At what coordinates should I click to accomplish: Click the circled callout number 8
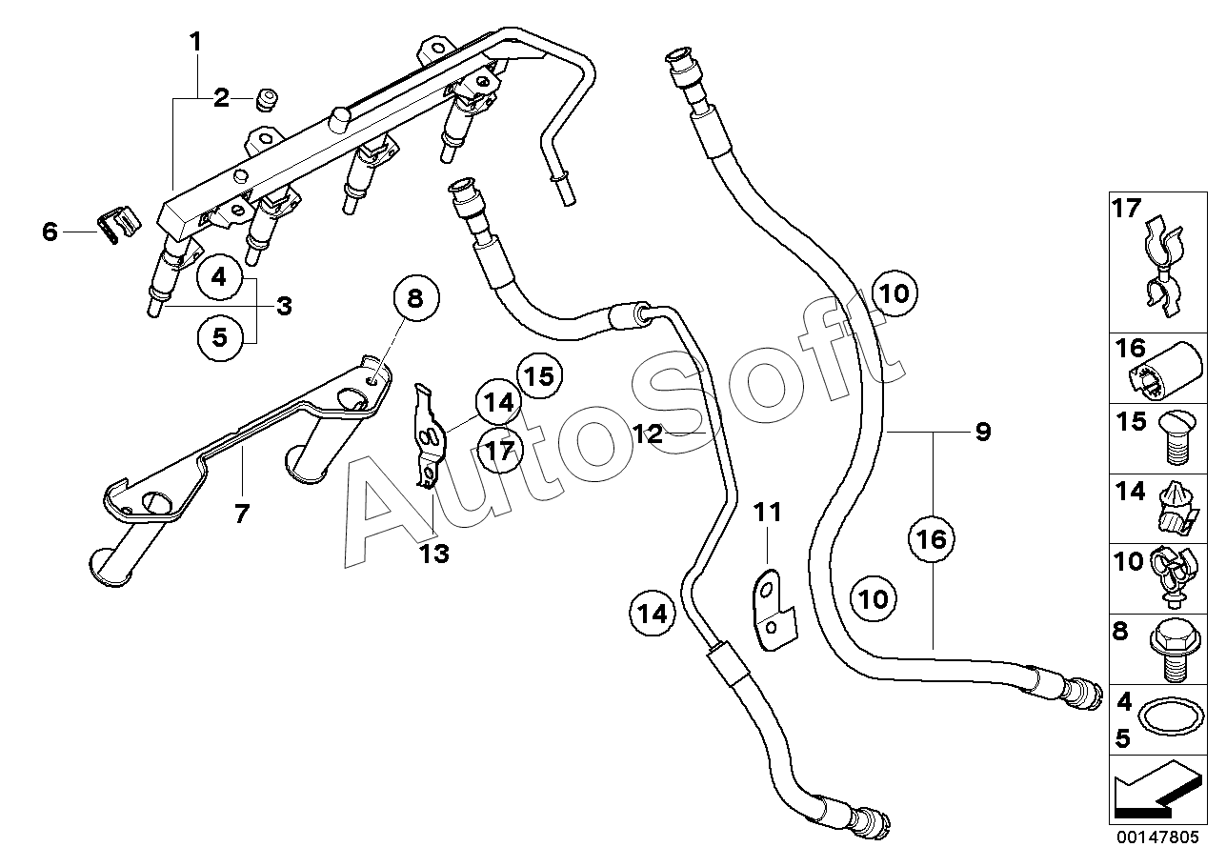pos(416,299)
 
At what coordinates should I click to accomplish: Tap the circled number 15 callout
pos(540,375)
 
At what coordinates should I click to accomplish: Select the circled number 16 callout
pos(931,539)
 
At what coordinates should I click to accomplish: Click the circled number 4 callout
pos(219,277)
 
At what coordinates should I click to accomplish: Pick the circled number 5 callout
pos(219,337)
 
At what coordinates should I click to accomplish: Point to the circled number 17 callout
pos(500,451)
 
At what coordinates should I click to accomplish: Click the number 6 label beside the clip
pos(50,232)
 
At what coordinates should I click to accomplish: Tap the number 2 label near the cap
pos(221,98)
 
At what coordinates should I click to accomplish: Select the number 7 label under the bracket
pos(241,514)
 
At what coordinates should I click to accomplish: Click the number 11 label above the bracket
pos(768,513)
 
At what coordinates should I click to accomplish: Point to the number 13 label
pos(434,554)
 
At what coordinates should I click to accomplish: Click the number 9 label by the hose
pos(983,432)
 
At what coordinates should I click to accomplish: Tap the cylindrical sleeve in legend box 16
pos(1165,372)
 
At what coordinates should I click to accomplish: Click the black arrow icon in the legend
pos(1157,793)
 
